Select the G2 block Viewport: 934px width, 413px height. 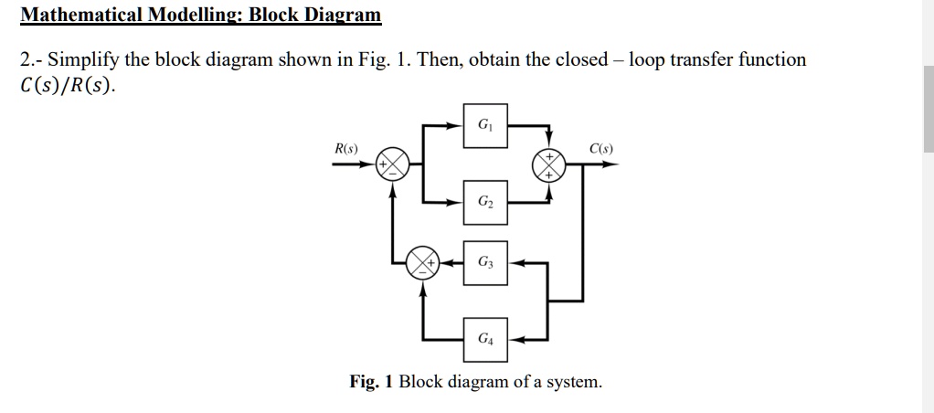pyautogui.click(x=483, y=201)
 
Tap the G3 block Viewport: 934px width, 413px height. pyautogui.click(x=483, y=262)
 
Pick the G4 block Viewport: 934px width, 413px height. pyautogui.click(x=483, y=339)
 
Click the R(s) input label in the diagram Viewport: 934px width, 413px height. pyautogui.click(x=346, y=148)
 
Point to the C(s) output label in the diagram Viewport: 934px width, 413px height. pyautogui.click(x=601, y=148)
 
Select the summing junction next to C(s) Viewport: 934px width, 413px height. pyautogui.click(x=551, y=164)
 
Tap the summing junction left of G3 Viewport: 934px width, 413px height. pyautogui.click(x=423, y=262)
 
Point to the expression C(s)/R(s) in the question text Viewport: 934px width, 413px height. pyautogui.click(x=69, y=87)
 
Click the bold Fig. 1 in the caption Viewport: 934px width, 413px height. pyautogui.click(x=371, y=381)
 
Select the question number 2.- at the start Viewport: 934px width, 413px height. pyautogui.click(x=31, y=60)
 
